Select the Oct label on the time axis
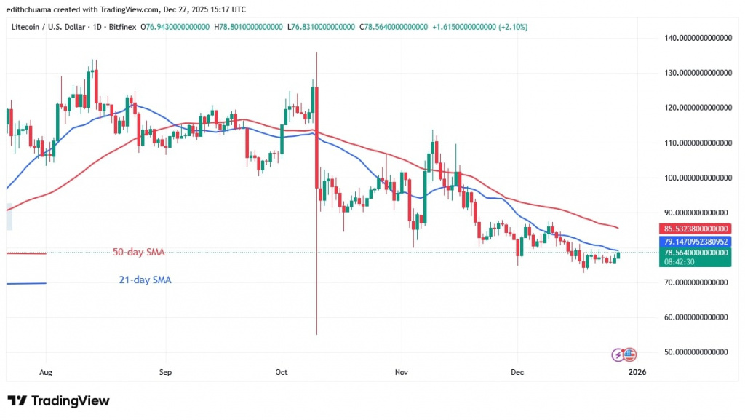click(282, 372)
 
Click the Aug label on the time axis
click(45, 372)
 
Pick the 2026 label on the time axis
click(637, 372)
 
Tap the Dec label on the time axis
click(517, 372)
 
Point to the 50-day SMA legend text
click(138, 253)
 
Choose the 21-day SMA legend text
click(146, 280)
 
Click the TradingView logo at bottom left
click(58, 401)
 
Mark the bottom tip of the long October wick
click(316, 334)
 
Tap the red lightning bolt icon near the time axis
click(618, 354)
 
